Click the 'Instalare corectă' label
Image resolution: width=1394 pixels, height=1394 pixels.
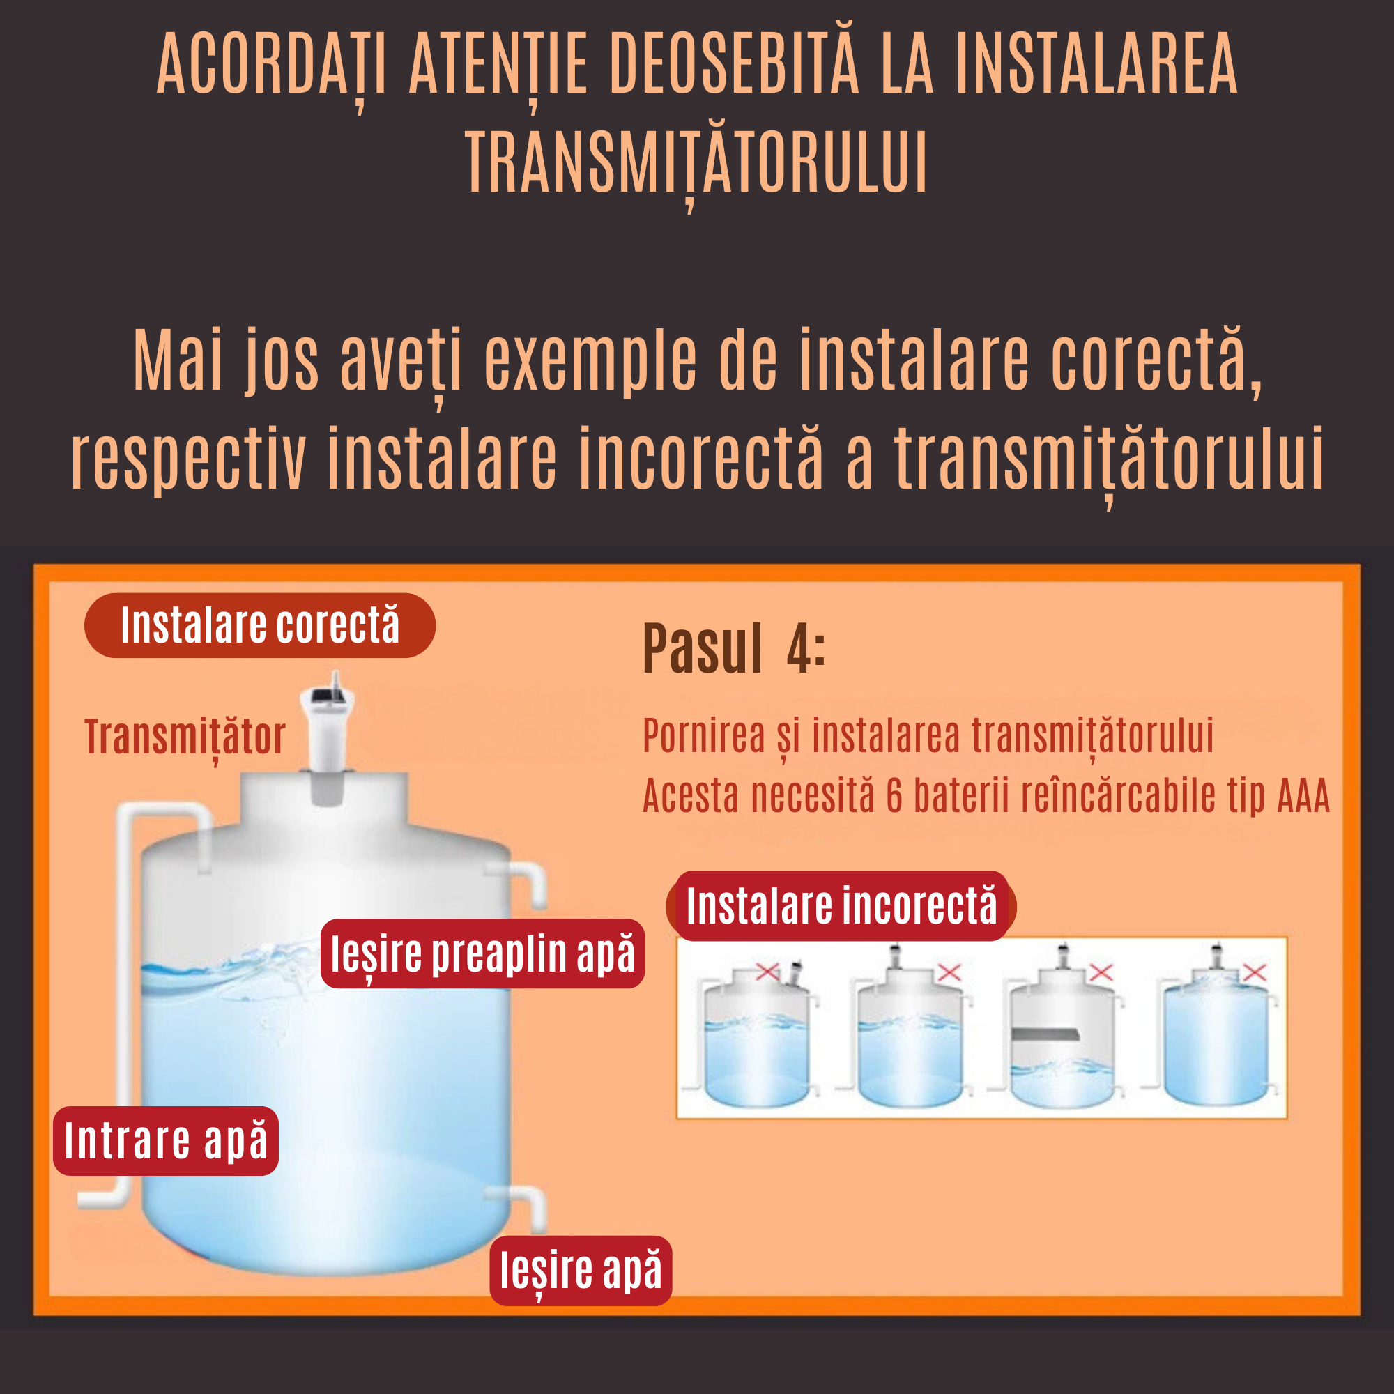pyautogui.click(x=260, y=625)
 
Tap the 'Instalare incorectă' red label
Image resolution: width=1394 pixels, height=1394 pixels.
pyautogui.click(x=841, y=905)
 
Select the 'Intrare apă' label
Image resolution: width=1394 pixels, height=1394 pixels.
pyautogui.click(x=165, y=1140)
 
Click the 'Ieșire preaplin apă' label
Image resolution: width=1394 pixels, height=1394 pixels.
pyautogui.click(x=482, y=953)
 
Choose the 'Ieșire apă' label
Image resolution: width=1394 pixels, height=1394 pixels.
pyautogui.click(x=580, y=1271)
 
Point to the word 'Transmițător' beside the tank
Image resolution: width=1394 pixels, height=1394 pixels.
pyautogui.click(x=185, y=737)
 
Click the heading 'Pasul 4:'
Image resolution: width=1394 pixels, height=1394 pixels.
pyautogui.click(x=733, y=650)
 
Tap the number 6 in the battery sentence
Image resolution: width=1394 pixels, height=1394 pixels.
pyautogui.click(x=894, y=795)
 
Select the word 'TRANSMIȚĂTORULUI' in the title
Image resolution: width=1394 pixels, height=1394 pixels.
pyautogui.click(x=696, y=163)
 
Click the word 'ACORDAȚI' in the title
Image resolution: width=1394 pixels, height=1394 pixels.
pyautogui.click(x=271, y=65)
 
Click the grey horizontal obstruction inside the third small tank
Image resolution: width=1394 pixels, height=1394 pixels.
pyautogui.click(x=1044, y=1034)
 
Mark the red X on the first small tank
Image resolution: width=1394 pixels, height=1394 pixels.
pyautogui.click(x=767, y=972)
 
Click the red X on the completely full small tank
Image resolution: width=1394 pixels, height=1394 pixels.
pyautogui.click(x=1255, y=972)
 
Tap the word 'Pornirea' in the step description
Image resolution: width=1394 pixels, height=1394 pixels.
pyautogui.click(x=703, y=736)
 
